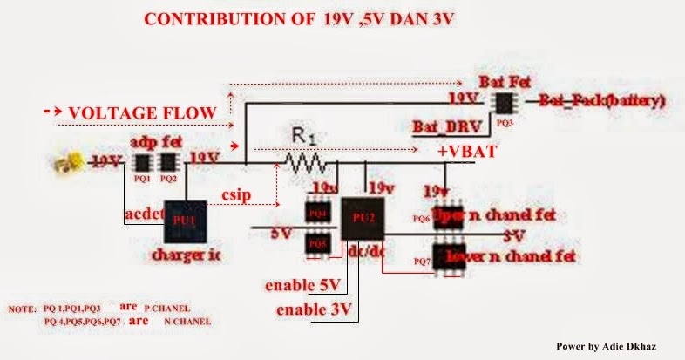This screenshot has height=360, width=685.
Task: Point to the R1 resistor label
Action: tap(301, 136)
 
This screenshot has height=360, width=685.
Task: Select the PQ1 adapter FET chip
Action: tap(142, 162)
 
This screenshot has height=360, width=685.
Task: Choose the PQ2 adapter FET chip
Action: tap(169, 162)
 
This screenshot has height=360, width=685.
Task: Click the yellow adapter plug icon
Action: tap(74, 160)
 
